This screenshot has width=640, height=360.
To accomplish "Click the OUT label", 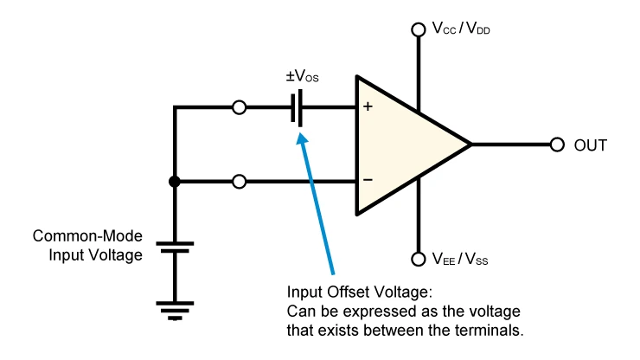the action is (590, 145).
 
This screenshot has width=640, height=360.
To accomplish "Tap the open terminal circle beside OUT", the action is (557, 145).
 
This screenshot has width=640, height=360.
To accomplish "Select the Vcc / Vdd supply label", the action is (461, 29).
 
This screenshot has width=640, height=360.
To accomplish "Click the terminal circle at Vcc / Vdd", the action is (419, 29).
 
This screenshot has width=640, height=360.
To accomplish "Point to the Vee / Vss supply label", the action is (460, 259).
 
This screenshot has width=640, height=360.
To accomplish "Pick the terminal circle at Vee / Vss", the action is (419, 259).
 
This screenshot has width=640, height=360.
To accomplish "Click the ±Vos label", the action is (302, 76).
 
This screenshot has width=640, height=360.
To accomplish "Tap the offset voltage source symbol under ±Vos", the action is (297, 108).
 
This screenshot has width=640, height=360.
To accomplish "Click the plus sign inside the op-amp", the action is (368, 106).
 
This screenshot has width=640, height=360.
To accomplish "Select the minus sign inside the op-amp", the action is (368, 180).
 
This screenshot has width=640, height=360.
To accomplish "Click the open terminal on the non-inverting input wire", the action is (240, 107).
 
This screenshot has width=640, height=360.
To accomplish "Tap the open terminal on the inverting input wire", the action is (240, 182).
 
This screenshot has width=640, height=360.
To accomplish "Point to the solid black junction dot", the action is (175, 182).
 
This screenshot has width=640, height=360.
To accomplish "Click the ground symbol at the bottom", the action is (175, 311).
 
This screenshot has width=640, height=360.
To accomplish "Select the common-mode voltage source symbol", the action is (175, 247).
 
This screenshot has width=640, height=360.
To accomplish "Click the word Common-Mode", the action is (87, 236).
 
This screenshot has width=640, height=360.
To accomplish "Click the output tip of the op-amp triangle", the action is (471, 145).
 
